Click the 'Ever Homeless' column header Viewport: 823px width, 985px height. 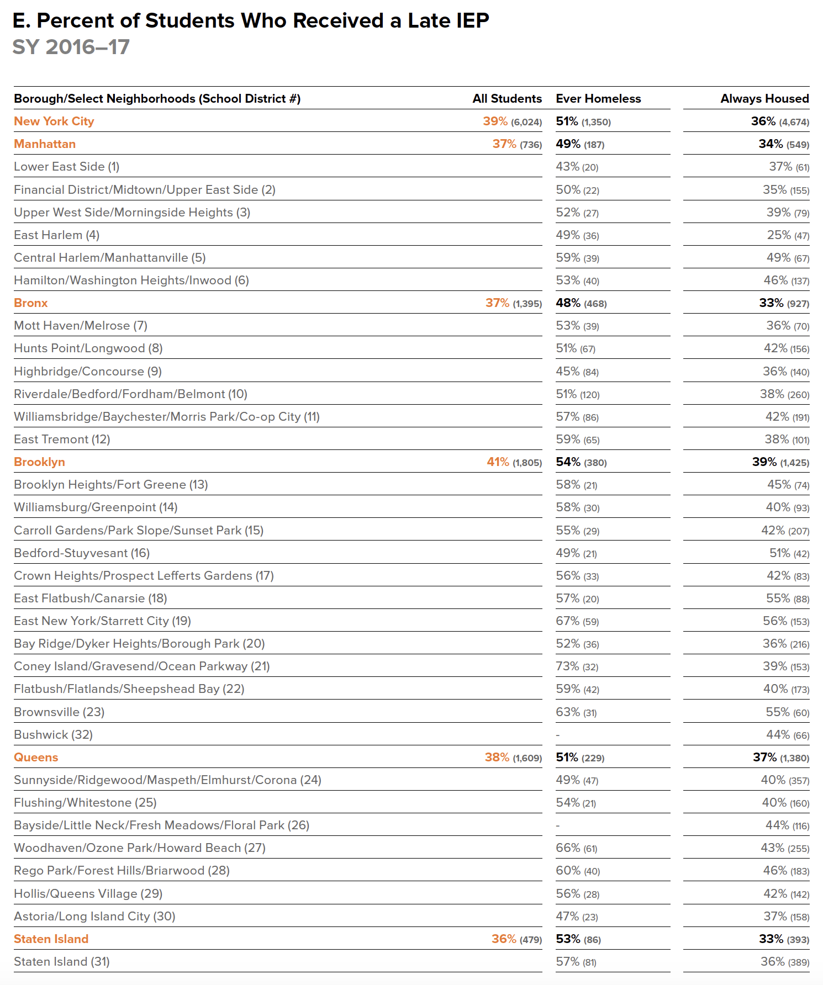[x=598, y=99]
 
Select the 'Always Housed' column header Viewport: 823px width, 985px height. [x=764, y=99]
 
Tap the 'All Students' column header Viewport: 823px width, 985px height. [x=507, y=99]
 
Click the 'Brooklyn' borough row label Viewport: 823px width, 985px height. [x=39, y=462]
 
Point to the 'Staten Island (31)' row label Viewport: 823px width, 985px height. [x=62, y=962]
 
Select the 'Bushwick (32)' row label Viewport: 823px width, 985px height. [x=53, y=735]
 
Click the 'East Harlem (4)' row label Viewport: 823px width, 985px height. [x=56, y=235]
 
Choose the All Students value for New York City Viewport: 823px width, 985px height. [x=512, y=121]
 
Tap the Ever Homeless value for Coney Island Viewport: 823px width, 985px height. [x=577, y=666]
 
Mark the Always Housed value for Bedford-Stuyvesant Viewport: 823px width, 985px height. [x=789, y=553]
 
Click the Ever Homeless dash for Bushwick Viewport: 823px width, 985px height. [x=558, y=735]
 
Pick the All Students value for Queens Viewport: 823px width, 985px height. [x=513, y=758]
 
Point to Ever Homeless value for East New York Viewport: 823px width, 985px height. [x=577, y=621]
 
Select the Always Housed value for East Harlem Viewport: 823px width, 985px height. [x=788, y=235]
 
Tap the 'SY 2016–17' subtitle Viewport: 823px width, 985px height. [x=71, y=47]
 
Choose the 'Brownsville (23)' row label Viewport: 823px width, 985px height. [x=59, y=712]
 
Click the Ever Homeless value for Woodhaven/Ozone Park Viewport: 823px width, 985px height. [x=577, y=848]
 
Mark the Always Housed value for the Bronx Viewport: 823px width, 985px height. [x=784, y=303]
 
